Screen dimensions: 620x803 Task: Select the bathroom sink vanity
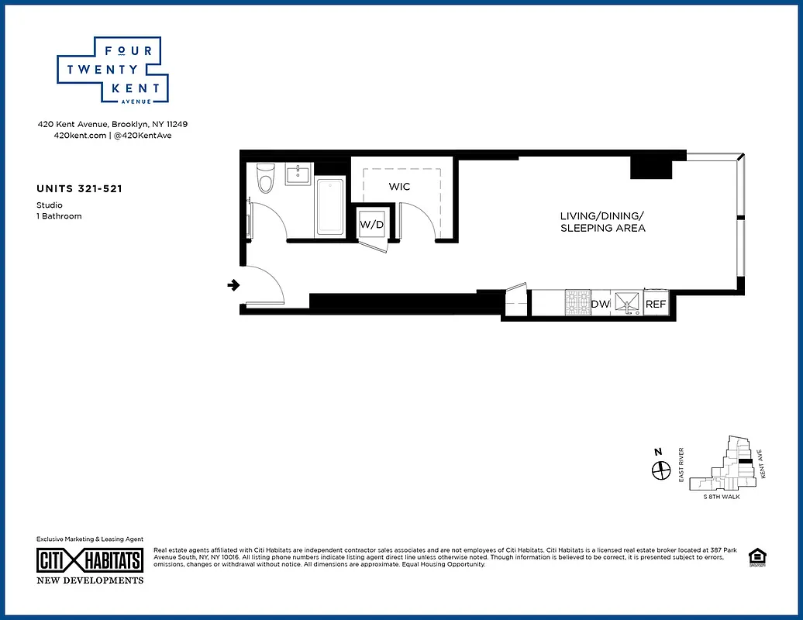click(298, 174)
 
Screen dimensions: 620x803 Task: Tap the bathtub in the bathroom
click(330, 207)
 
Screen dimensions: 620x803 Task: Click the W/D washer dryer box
click(371, 225)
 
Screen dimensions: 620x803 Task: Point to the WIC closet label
click(399, 187)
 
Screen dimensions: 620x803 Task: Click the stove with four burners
click(577, 303)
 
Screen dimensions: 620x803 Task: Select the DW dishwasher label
click(601, 304)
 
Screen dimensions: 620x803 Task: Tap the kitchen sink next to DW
click(626, 303)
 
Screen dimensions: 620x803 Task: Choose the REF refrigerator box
click(656, 304)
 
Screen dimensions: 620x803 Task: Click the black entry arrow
click(233, 286)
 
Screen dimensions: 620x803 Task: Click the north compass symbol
click(660, 470)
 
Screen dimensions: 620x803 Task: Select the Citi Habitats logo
click(90, 560)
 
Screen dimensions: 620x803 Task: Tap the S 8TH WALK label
click(721, 496)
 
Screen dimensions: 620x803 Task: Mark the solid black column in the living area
click(643, 167)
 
